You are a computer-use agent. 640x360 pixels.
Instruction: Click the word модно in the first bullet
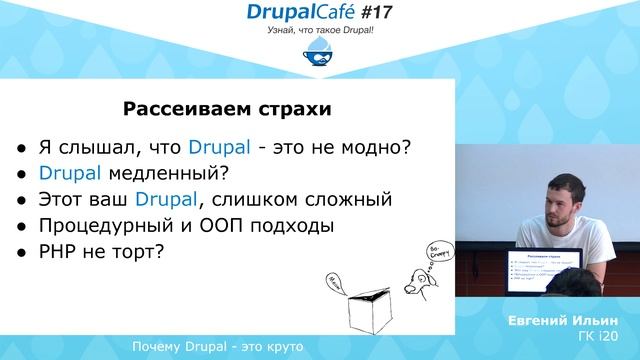(370, 148)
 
